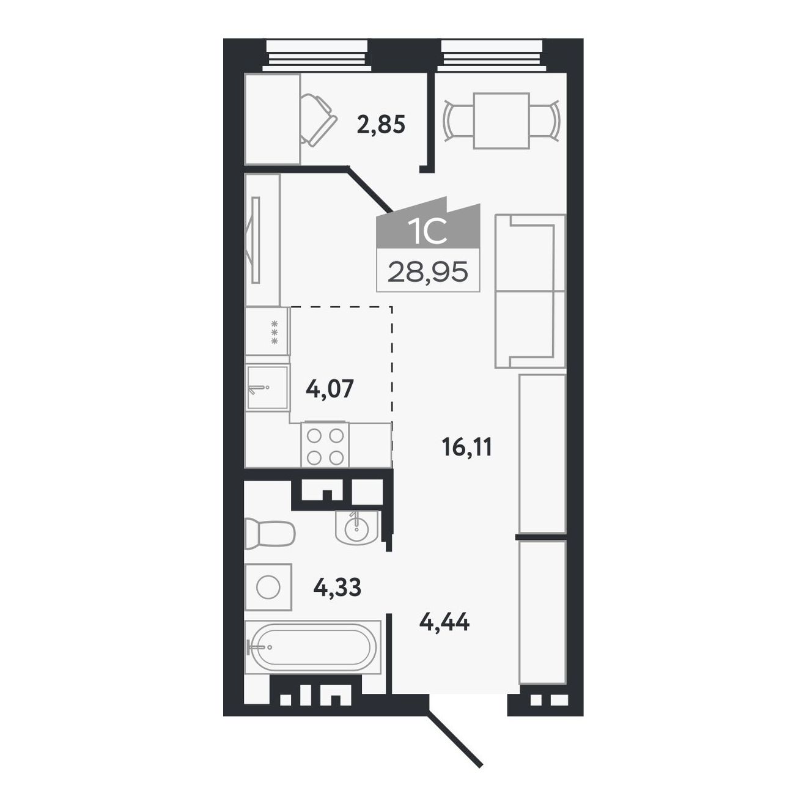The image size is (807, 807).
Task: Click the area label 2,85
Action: [x=381, y=125]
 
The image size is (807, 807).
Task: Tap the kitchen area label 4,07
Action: [x=330, y=388]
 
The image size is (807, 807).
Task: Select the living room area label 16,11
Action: [x=467, y=448]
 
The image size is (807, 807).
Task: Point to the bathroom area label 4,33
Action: [x=337, y=587]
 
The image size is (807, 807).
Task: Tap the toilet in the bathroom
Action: [x=270, y=532]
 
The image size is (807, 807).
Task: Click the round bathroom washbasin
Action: [x=357, y=528]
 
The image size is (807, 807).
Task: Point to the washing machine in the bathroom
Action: [x=268, y=587]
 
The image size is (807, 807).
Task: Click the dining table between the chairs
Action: [x=501, y=121]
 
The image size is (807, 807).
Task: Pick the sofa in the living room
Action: [x=530, y=291]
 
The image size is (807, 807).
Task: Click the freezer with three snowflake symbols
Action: [x=268, y=332]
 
